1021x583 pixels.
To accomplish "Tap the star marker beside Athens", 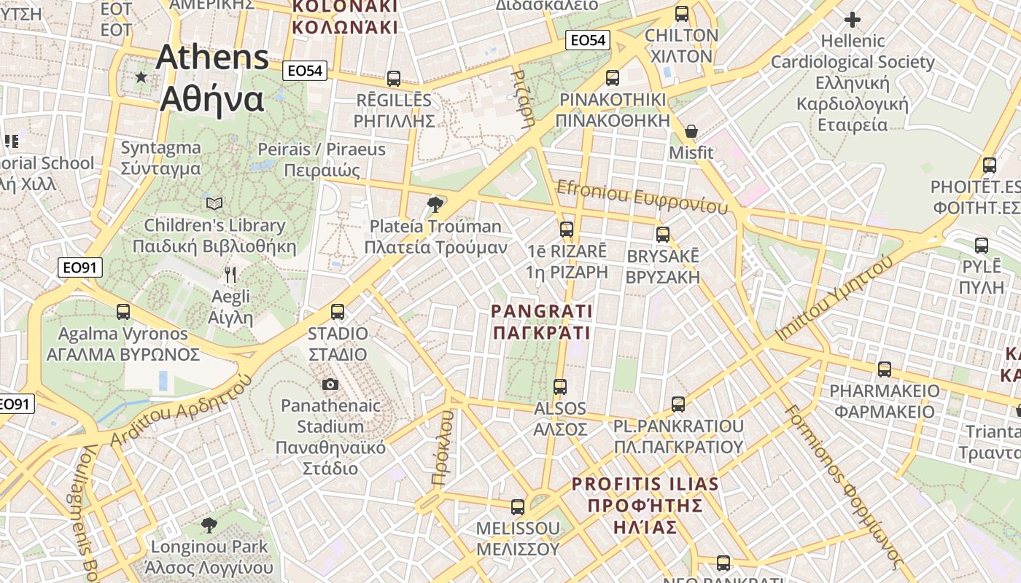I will point(141,77).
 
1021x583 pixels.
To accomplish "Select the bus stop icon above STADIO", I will point(337,312).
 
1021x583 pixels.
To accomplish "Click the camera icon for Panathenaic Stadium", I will point(330,384).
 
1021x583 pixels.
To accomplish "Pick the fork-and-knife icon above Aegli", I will point(230,275).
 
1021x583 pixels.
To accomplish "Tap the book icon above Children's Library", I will point(214,203).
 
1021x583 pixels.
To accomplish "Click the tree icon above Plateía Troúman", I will point(436,204).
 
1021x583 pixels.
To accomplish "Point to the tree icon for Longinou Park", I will point(209,525).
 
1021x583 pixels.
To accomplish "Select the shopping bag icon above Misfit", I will point(691,132).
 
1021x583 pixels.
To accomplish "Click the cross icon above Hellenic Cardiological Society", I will point(852,20).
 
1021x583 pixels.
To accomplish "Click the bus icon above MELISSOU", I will point(518,506).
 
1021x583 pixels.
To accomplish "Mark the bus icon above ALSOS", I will point(560,386).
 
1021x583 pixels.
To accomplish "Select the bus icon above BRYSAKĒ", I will point(662,235).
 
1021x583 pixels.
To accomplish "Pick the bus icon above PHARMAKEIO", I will point(885,369).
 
